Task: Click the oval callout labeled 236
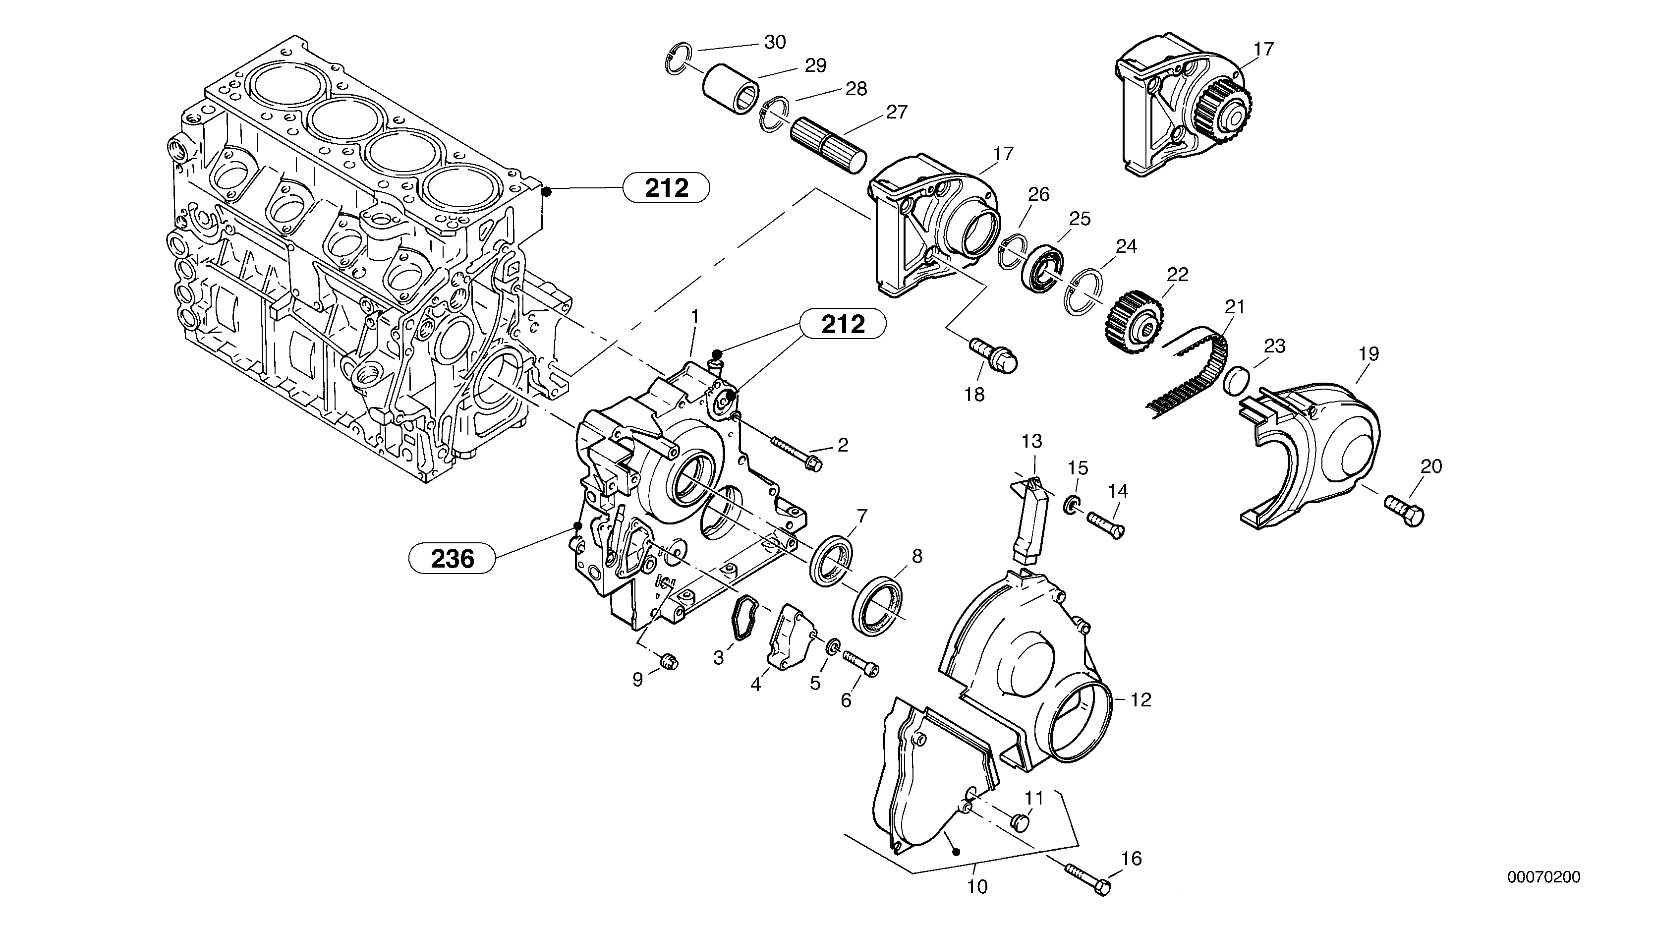pos(453,559)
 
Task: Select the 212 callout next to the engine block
pos(666,188)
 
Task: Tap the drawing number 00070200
pos(1544,877)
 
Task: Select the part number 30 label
pos(775,42)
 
